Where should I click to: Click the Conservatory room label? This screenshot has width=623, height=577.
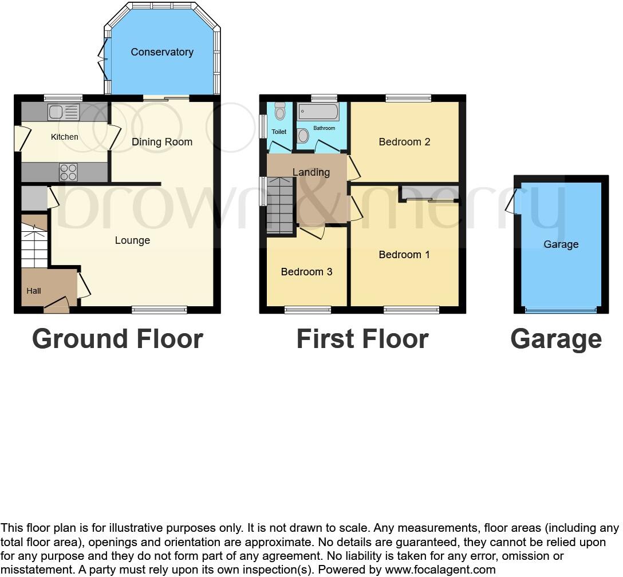(x=162, y=52)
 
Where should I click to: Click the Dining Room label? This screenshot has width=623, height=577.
(x=162, y=142)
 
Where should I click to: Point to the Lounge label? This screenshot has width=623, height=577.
(x=132, y=240)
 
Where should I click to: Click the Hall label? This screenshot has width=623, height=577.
(x=34, y=291)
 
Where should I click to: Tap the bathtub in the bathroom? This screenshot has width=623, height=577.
(x=318, y=112)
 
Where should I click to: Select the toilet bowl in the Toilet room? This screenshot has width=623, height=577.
(x=279, y=111)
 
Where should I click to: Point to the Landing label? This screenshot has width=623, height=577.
(x=311, y=172)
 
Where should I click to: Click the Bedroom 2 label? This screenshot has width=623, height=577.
(x=404, y=142)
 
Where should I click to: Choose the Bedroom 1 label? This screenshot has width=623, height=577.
(x=404, y=255)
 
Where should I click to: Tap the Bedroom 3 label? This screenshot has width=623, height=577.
(x=306, y=272)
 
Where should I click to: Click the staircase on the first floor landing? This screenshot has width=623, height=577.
(x=280, y=204)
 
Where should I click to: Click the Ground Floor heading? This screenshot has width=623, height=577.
(x=117, y=339)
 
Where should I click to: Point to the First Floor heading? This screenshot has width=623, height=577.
(x=362, y=339)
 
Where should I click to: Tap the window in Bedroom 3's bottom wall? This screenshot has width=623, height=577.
(x=307, y=310)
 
